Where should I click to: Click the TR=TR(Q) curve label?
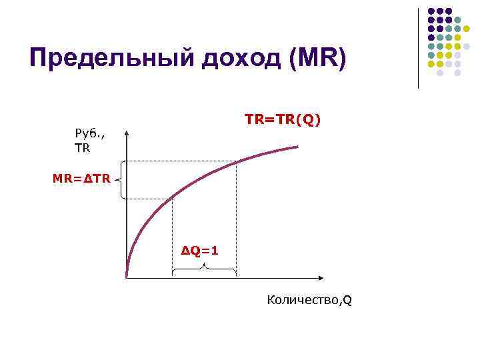pyautogui.click(x=283, y=119)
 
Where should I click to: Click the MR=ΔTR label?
pyautogui.click(x=79, y=179)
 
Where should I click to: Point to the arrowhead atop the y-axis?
pyautogui.click(x=127, y=132)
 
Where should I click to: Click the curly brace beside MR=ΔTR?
pyautogui.click(x=120, y=179)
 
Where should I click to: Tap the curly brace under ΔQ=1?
pyautogui.click(x=204, y=269)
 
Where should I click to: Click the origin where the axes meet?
pyautogui.click(x=127, y=276)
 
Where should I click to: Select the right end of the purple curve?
pyautogui.click(x=297, y=146)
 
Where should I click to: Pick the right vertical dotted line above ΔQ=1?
pyautogui.click(x=236, y=220)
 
